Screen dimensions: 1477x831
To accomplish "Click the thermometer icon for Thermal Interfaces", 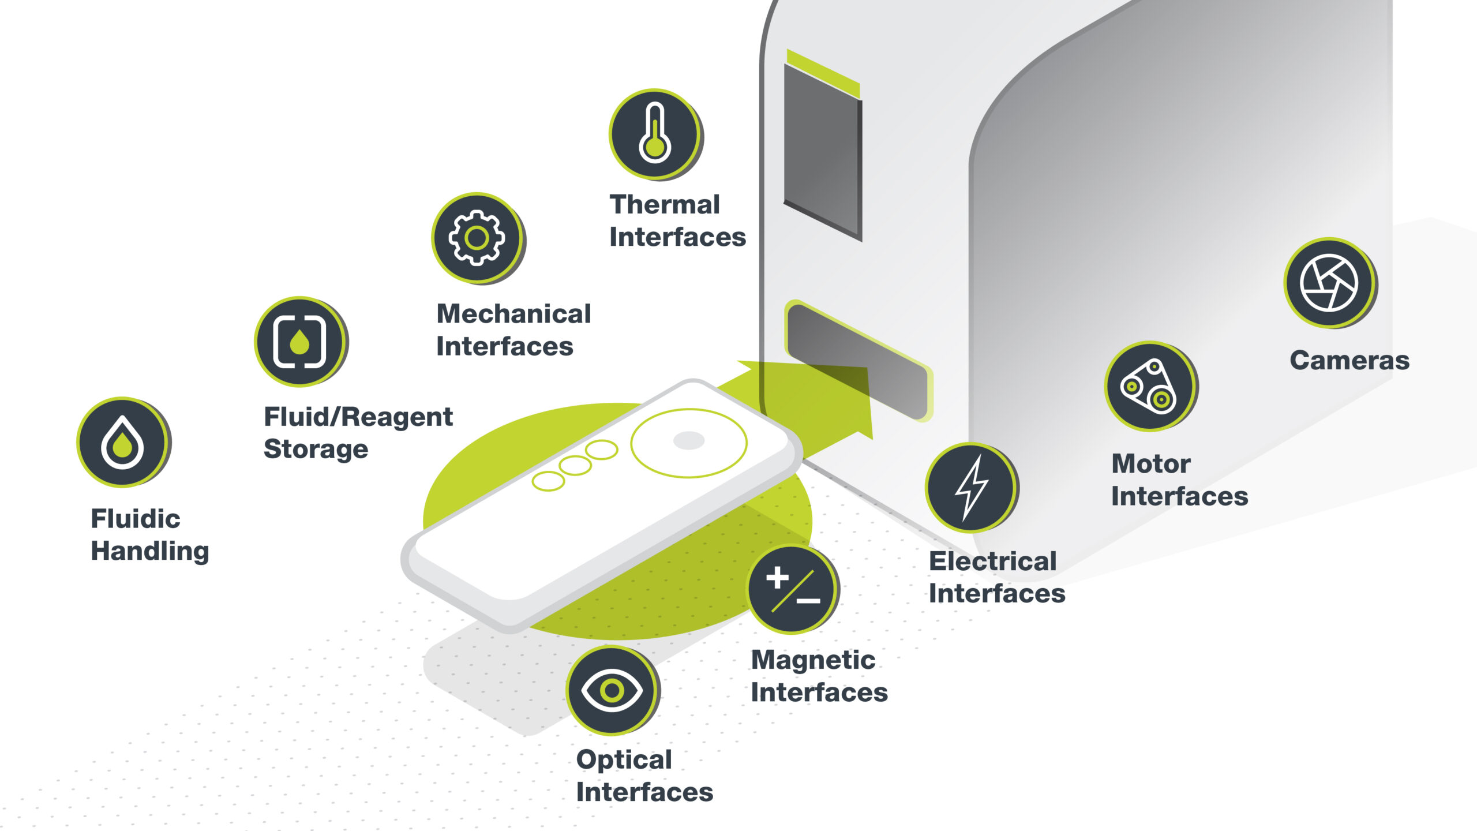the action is (655, 134).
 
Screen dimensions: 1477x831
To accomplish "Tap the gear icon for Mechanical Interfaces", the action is (478, 238).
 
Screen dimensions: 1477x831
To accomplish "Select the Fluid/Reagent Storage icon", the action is (301, 342).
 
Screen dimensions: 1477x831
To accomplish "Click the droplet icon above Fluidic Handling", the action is (123, 442).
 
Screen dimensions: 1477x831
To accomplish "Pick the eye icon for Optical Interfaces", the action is (612, 690).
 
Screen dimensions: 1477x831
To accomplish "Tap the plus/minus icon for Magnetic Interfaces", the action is (793, 589).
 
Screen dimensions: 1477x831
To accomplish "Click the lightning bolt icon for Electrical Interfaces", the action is (972, 488).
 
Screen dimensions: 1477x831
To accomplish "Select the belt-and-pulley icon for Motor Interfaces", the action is (1151, 386).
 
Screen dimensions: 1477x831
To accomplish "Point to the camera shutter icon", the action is (1330, 283).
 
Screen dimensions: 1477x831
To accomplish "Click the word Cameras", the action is (1349, 360).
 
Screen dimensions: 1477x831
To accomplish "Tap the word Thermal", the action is (665, 204).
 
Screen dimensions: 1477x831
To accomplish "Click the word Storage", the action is (316, 449).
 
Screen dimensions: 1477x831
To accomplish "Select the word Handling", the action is (150, 552).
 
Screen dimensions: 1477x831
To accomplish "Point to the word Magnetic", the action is (813, 660).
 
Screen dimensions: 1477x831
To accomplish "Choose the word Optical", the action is (624, 760).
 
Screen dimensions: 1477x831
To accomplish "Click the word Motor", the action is (1151, 463).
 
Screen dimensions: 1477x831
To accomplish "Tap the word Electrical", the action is (993, 561).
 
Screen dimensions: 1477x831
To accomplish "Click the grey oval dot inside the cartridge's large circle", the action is (689, 440).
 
